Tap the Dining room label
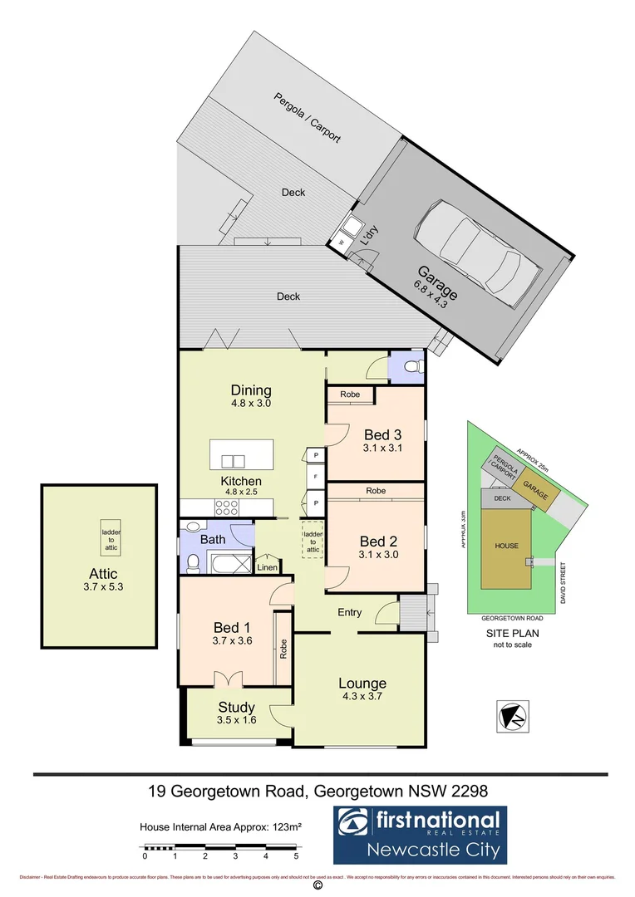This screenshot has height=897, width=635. [251, 390]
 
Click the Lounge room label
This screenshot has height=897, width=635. [362, 684]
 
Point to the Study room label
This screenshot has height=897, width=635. [236, 708]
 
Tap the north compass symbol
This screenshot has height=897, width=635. [510, 716]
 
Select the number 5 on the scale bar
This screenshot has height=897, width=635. [296, 855]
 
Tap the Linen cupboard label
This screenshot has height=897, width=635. [268, 567]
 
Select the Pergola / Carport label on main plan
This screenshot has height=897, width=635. [307, 118]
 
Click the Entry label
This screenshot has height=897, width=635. [349, 612]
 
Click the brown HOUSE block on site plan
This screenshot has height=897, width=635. [506, 546]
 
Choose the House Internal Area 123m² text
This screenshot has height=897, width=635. [219, 826]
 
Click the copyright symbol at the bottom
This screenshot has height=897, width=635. [317, 885]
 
